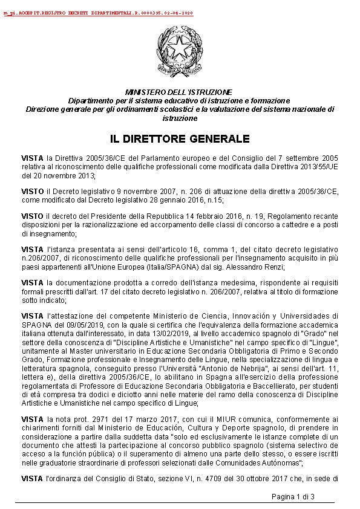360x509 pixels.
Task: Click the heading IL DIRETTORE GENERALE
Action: click(x=180, y=139)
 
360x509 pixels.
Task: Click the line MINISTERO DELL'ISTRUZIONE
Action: click(x=179, y=91)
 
